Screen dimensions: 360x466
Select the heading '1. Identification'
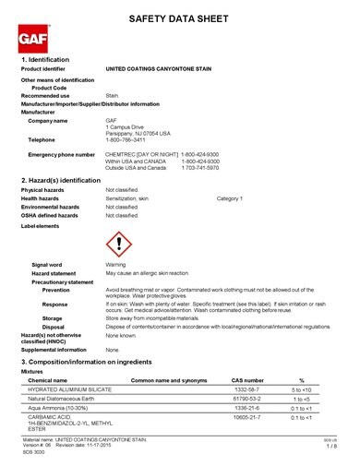click(x=52, y=59)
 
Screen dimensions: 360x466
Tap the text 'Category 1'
click(x=230, y=198)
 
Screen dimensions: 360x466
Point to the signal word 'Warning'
click(x=115, y=265)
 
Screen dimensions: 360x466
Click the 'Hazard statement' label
click(x=59, y=274)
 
